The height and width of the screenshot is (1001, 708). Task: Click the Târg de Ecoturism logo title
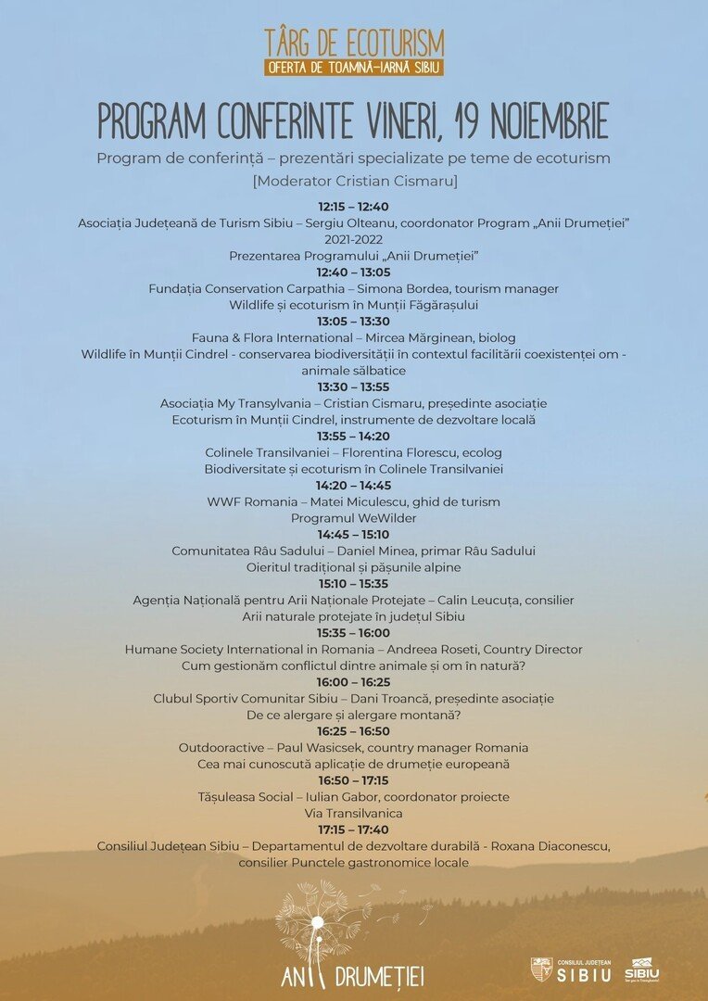(x=354, y=43)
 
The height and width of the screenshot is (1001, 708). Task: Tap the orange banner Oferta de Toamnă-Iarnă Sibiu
(x=354, y=68)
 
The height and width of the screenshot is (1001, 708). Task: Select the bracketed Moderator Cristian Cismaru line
(x=354, y=181)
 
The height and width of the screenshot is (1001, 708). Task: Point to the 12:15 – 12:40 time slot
(x=353, y=207)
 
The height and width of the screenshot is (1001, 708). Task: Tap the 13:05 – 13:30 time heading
(x=353, y=322)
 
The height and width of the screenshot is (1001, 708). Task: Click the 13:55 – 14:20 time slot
(x=353, y=436)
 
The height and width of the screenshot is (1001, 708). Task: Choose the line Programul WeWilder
(x=353, y=518)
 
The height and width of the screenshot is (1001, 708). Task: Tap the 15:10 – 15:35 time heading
(x=353, y=584)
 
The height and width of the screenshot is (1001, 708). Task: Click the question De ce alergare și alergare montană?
(x=353, y=715)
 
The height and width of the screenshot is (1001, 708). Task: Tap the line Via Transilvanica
(x=353, y=813)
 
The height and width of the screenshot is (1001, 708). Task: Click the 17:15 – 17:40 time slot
(x=353, y=830)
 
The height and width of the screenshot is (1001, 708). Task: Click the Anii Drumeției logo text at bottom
(x=354, y=975)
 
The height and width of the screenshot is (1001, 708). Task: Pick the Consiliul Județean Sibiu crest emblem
(x=541, y=969)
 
